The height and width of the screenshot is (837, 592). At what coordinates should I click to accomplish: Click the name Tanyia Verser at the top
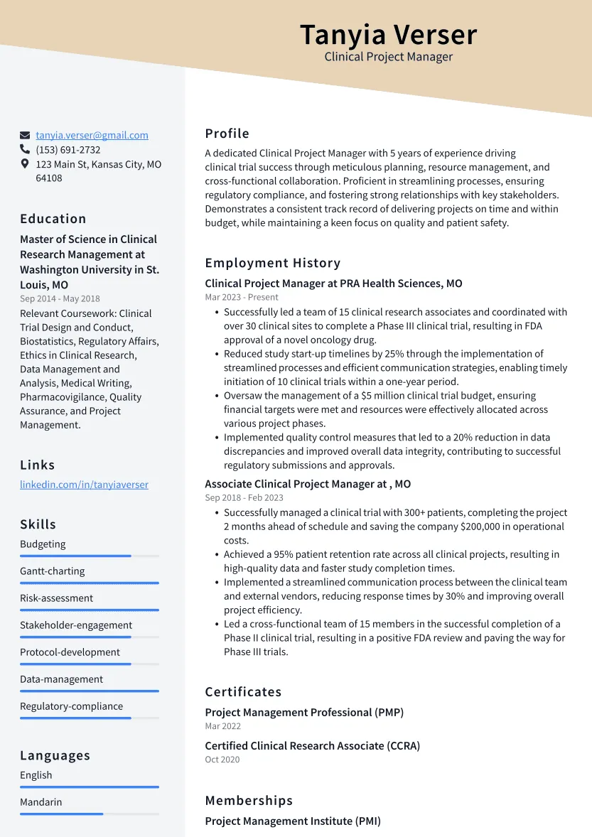pyautogui.click(x=388, y=35)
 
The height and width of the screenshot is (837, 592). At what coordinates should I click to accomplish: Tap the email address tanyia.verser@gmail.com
pyautogui.click(x=92, y=135)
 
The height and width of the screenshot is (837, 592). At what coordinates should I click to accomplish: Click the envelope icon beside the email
pyautogui.click(x=25, y=135)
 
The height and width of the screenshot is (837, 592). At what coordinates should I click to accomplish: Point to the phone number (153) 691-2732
pyautogui.click(x=68, y=150)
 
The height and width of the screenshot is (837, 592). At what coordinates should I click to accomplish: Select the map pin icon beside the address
pyautogui.click(x=25, y=164)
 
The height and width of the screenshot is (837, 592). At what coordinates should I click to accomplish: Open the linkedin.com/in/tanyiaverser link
pyautogui.click(x=84, y=485)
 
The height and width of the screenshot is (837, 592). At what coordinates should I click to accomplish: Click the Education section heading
pyautogui.click(x=53, y=219)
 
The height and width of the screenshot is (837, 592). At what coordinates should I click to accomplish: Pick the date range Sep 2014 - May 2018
pyautogui.click(x=60, y=299)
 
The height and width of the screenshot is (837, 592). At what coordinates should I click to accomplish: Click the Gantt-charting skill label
pyautogui.click(x=52, y=571)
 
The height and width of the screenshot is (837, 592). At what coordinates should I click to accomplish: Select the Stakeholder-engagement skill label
pyautogui.click(x=76, y=625)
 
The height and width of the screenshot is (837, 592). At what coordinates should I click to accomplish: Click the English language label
pyautogui.click(x=36, y=775)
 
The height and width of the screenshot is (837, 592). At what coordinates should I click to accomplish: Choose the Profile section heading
pyautogui.click(x=227, y=134)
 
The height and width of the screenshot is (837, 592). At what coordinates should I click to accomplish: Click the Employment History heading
pyautogui.click(x=273, y=263)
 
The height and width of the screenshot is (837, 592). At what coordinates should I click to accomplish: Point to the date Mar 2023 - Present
pyautogui.click(x=242, y=297)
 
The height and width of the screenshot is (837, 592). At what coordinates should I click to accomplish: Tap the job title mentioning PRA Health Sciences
pyautogui.click(x=333, y=283)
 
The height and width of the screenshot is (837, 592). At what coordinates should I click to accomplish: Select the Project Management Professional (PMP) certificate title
pyautogui.click(x=304, y=712)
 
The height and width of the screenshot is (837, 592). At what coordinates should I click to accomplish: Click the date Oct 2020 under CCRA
pyautogui.click(x=222, y=760)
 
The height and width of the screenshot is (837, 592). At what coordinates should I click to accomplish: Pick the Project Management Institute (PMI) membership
pyautogui.click(x=293, y=821)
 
